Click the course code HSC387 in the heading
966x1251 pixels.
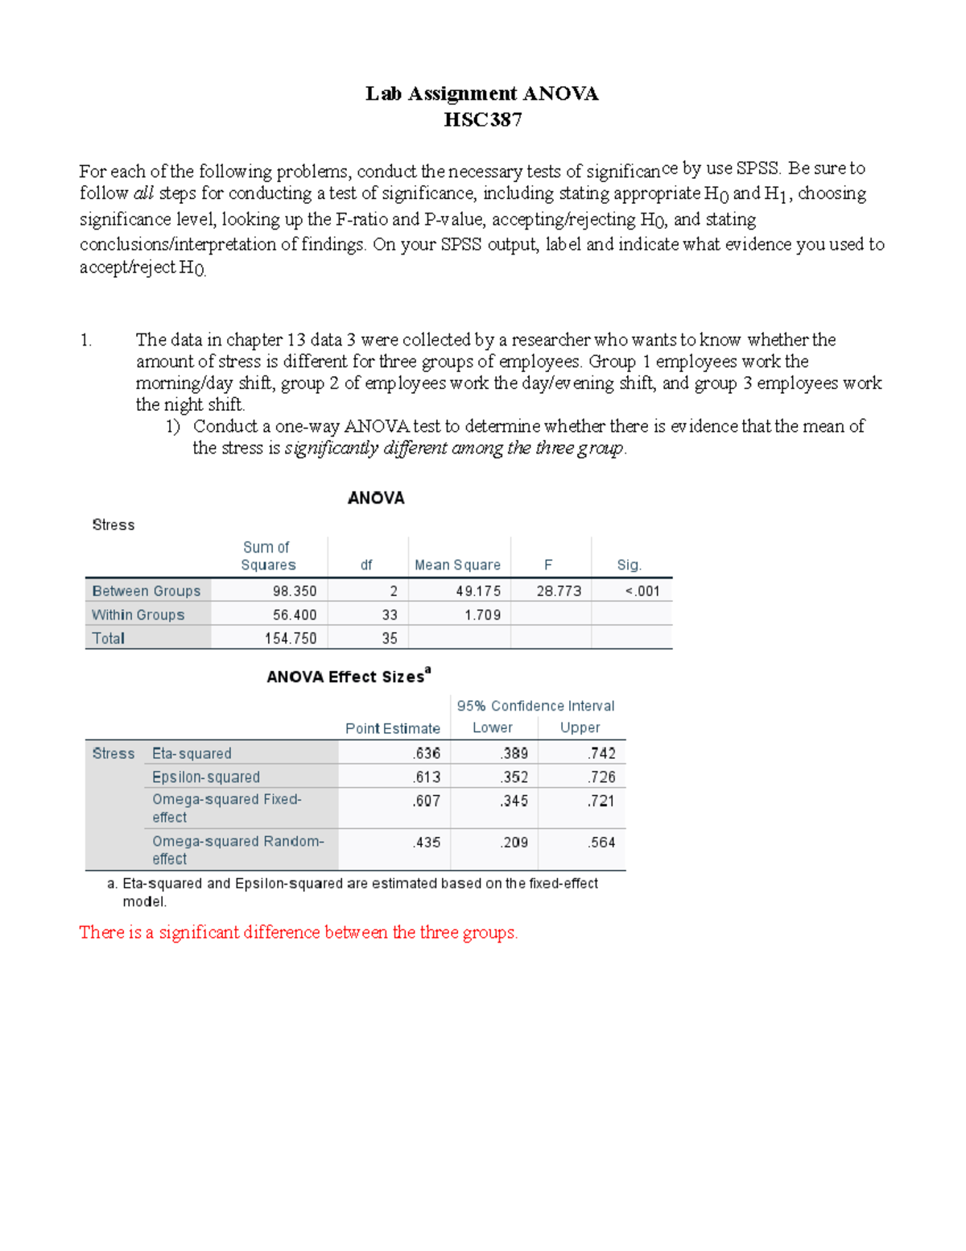(x=482, y=120)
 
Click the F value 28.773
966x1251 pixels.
(x=558, y=591)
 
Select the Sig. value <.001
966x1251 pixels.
(x=642, y=591)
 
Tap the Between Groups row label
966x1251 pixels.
(x=147, y=591)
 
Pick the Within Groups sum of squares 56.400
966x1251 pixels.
(x=294, y=615)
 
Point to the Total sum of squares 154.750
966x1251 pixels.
(x=291, y=639)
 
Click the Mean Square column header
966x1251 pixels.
(x=457, y=565)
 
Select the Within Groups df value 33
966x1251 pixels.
(x=390, y=615)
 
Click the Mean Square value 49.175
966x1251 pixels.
(x=477, y=591)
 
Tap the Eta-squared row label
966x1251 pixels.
(x=192, y=754)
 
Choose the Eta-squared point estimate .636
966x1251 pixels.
(x=426, y=754)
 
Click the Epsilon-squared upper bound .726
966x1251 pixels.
(x=601, y=777)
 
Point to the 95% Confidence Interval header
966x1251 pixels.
(x=535, y=706)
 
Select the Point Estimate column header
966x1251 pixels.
(x=393, y=729)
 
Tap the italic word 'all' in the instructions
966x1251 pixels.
(x=143, y=193)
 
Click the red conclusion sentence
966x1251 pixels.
(x=298, y=933)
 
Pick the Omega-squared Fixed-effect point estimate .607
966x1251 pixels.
(x=426, y=802)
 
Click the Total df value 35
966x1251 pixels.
(x=390, y=639)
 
